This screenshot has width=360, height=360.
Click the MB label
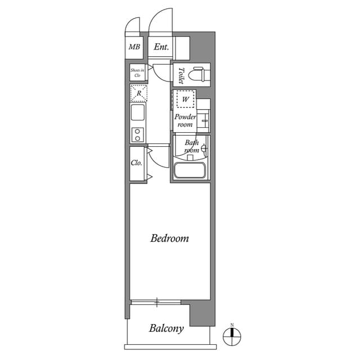(x=134, y=47)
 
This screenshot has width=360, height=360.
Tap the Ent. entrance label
(x=161, y=47)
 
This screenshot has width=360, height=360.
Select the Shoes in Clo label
(x=137, y=72)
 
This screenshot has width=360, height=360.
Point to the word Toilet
(x=181, y=74)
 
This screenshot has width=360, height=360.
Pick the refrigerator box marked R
(x=138, y=93)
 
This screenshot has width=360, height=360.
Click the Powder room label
(x=185, y=120)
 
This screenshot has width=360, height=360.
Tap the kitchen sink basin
(x=138, y=112)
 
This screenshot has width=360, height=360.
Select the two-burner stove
(x=138, y=135)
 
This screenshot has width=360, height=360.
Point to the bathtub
(x=191, y=171)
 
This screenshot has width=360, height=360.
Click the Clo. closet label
(x=136, y=164)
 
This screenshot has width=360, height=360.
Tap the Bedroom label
(x=169, y=238)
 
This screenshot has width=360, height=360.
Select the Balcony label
(x=166, y=328)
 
